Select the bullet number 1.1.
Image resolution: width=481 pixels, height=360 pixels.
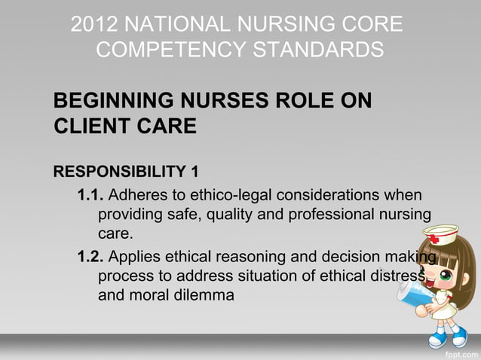click(90, 197)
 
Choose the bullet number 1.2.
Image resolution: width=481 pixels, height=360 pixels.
click(90, 258)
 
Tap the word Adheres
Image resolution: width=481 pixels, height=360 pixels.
click(140, 197)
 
